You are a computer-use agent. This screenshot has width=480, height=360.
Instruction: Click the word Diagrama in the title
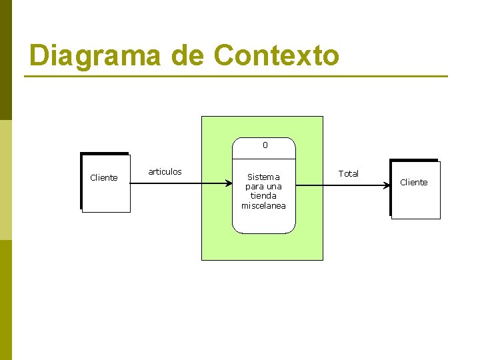[x=95, y=56]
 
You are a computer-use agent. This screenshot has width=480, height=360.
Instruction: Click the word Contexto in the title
[x=276, y=56]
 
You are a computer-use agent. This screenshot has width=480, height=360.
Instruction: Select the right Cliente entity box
[x=415, y=200]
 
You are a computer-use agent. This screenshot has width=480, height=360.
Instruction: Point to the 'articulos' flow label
[x=165, y=172]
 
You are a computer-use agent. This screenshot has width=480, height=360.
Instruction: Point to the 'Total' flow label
[x=348, y=173]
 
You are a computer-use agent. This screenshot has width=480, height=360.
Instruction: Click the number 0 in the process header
[x=265, y=145]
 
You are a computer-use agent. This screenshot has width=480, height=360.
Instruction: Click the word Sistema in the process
[x=263, y=177]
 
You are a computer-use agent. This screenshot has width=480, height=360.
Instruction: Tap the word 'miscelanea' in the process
[x=263, y=206]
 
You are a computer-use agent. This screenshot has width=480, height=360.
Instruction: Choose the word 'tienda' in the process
[x=263, y=196]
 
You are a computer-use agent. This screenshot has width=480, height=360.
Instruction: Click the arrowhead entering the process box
[x=229, y=181]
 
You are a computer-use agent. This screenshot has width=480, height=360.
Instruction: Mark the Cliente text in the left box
[x=103, y=178]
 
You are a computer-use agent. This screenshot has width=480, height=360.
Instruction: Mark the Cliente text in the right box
[x=413, y=183]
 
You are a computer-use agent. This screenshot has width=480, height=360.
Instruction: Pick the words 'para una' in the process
[x=263, y=187]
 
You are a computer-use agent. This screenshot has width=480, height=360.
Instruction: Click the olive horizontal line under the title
[x=236, y=77]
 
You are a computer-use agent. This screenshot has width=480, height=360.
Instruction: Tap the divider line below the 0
[x=263, y=160]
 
